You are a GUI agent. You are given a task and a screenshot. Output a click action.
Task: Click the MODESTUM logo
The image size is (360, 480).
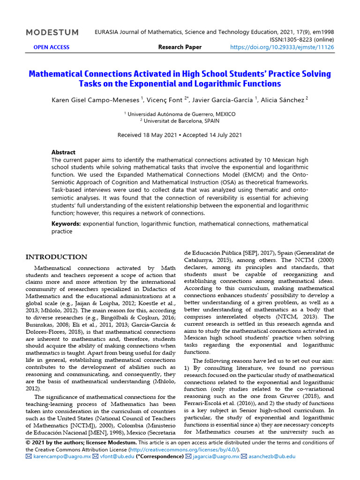click(x=52, y=32)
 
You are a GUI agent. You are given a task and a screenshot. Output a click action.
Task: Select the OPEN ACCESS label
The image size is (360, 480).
click(x=51, y=47)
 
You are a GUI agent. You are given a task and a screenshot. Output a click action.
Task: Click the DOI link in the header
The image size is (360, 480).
click(x=282, y=47)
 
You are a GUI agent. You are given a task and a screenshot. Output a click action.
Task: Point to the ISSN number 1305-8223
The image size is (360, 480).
click(x=298, y=40)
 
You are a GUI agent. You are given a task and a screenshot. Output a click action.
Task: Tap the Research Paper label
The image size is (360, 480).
click(x=180, y=47)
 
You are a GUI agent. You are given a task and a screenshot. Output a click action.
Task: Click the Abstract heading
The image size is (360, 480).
click(x=63, y=152)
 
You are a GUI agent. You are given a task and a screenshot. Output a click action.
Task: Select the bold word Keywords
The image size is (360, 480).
click(x=66, y=224)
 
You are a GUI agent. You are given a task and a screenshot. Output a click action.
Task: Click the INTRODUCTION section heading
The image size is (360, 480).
click(x=56, y=257)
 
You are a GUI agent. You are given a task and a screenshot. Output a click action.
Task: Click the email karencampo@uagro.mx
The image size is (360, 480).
click(x=61, y=456)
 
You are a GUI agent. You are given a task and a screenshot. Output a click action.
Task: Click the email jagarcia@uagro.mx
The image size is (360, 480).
click(x=215, y=456)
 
